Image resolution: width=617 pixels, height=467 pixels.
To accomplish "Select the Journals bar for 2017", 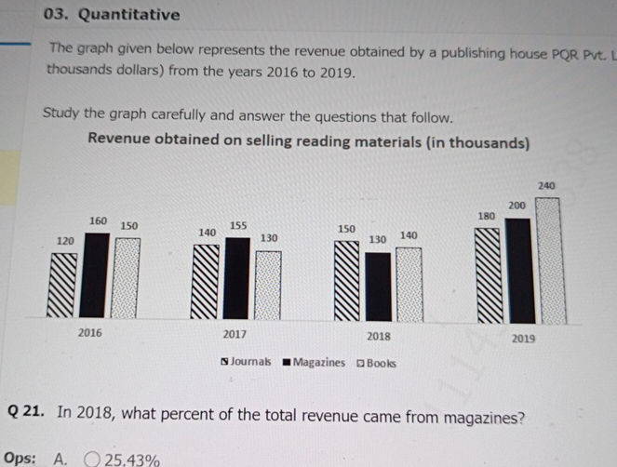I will tap(206, 283).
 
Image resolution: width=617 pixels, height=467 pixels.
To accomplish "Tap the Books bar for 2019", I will tap(549, 260).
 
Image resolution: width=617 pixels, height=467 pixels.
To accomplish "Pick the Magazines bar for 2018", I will tap(378, 287).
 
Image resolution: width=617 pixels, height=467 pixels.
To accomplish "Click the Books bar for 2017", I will tap(268, 286).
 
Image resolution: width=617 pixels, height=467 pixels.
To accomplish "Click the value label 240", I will tap(547, 186).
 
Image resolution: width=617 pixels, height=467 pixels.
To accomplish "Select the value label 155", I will tap(238, 225).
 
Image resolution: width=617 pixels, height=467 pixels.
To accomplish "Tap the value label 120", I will tap(65, 240).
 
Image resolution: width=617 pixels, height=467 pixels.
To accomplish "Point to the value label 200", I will tap(517, 204).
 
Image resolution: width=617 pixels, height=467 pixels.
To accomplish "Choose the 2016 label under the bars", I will tap(90, 332).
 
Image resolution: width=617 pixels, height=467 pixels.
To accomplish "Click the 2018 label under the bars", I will tap(379, 335).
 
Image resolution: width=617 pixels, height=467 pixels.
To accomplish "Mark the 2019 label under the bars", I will tap(523, 339).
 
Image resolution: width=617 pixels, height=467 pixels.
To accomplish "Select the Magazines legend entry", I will tap(314, 362).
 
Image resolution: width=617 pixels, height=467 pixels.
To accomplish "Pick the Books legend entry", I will tap(376, 363).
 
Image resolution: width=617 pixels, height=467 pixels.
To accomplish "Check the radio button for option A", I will tap(91, 459).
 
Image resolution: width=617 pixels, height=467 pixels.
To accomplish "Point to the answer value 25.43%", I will tap(132, 460).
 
